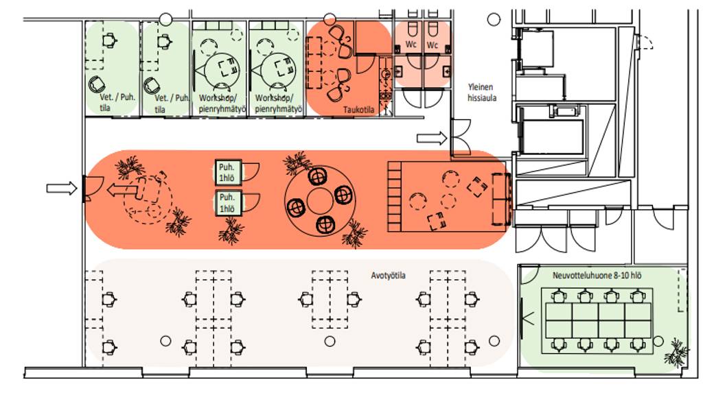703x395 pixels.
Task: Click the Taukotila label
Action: tap(358, 110)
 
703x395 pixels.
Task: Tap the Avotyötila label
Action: tap(389, 276)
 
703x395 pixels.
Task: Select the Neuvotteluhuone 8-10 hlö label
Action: tap(597, 276)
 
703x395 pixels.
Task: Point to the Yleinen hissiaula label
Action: tap(481, 93)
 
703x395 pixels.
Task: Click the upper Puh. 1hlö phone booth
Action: tap(228, 172)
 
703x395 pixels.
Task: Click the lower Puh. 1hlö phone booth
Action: tap(228, 203)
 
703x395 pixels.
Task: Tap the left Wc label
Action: tap(411, 45)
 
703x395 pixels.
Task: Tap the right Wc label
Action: tap(433, 45)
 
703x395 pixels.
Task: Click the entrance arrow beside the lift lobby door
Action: tap(432, 139)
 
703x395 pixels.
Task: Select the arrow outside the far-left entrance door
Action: tap(62, 188)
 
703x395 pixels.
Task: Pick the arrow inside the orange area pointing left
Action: tap(122, 190)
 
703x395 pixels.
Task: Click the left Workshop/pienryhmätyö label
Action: tap(222, 104)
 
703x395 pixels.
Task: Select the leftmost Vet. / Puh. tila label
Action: tap(116, 102)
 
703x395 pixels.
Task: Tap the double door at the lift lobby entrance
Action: tap(461, 137)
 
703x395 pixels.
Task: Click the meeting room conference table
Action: tap(598, 321)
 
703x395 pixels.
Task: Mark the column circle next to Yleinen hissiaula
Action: tap(494, 20)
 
